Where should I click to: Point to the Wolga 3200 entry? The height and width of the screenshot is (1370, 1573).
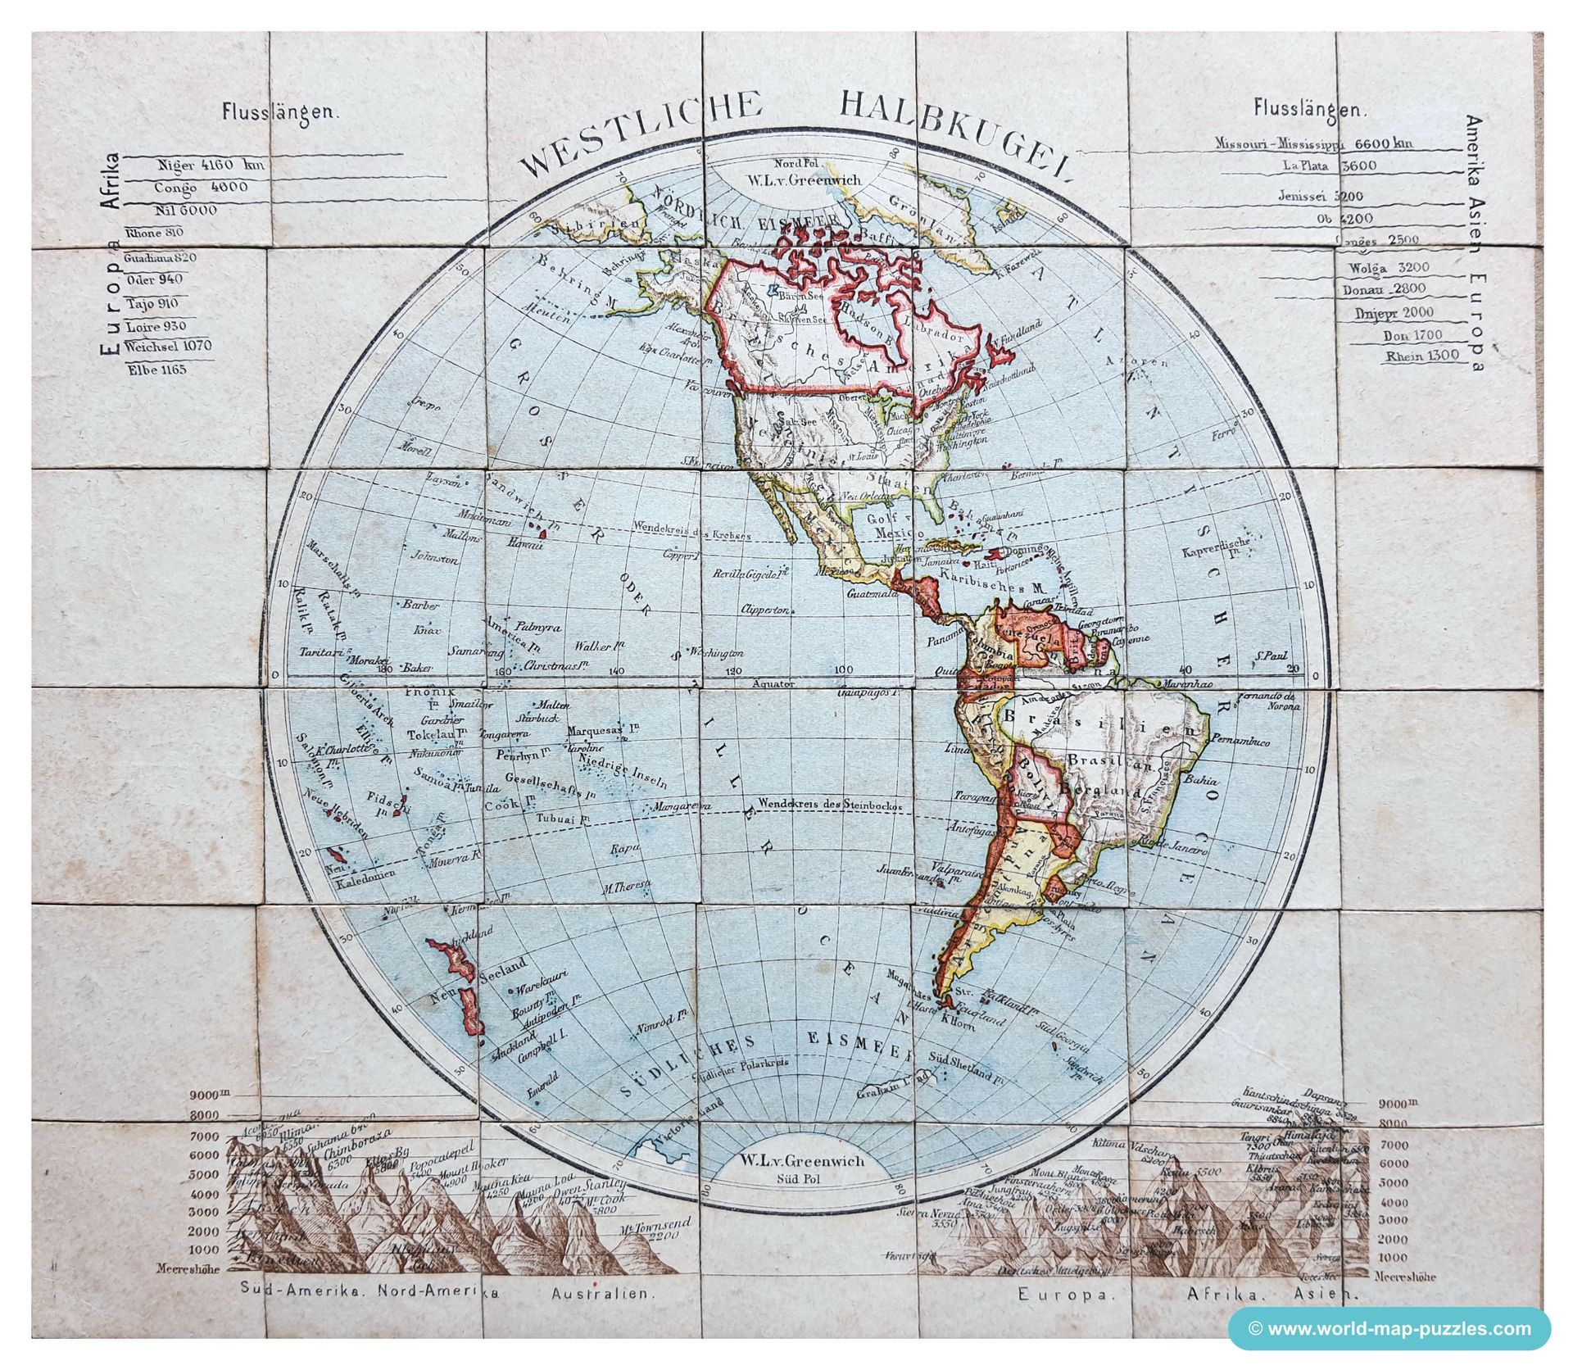click(1385, 268)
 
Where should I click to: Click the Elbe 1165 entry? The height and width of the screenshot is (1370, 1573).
click(156, 370)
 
